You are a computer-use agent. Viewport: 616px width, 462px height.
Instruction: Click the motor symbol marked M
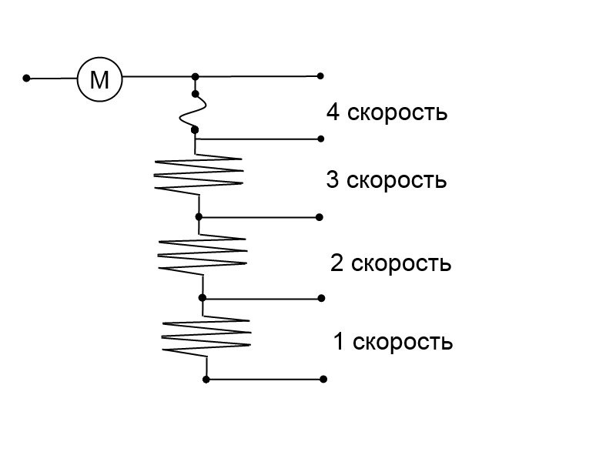click(99, 79)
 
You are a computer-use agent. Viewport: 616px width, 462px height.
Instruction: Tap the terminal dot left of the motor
click(26, 79)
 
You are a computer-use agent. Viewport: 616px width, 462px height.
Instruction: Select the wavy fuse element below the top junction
click(193, 112)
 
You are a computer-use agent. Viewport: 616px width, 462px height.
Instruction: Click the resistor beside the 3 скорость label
click(199, 175)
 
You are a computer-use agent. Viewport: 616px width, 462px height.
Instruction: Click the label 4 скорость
click(387, 112)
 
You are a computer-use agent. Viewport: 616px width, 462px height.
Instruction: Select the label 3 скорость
click(387, 180)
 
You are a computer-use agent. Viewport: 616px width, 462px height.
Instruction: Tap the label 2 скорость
click(390, 263)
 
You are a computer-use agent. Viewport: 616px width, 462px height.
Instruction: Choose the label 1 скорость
click(393, 341)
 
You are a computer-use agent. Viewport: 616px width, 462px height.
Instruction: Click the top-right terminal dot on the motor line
click(320, 75)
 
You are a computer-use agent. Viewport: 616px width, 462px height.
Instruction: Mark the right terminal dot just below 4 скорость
click(320, 139)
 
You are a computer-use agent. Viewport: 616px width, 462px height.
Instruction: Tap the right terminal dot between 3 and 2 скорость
click(320, 217)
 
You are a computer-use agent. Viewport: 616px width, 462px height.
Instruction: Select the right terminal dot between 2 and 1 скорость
click(321, 298)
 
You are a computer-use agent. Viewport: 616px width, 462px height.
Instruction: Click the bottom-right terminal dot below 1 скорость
click(323, 379)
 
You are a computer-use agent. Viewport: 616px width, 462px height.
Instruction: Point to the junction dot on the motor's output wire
click(196, 76)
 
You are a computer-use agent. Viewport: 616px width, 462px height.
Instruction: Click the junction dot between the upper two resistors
click(199, 217)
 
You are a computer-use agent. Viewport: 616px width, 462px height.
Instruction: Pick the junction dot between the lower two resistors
click(203, 298)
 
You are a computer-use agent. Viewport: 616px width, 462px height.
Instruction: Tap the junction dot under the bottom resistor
click(206, 380)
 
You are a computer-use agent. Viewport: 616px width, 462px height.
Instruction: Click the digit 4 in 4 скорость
click(333, 112)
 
